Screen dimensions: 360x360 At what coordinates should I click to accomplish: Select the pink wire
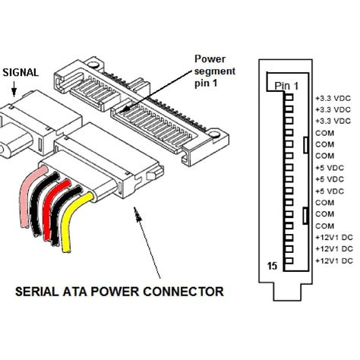pyautogui.click(x=25, y=205)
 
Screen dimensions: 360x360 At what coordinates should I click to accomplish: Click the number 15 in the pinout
pyautogui.click(x=272, y=266)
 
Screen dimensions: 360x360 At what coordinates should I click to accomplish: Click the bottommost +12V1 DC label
pyautogui.click(x=333, y=261)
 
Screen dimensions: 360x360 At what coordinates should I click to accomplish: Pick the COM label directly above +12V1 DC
pyautogui.click(x=324, y=226)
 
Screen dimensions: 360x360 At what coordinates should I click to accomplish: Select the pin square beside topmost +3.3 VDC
pyautogui.click(x=288, y=99)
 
